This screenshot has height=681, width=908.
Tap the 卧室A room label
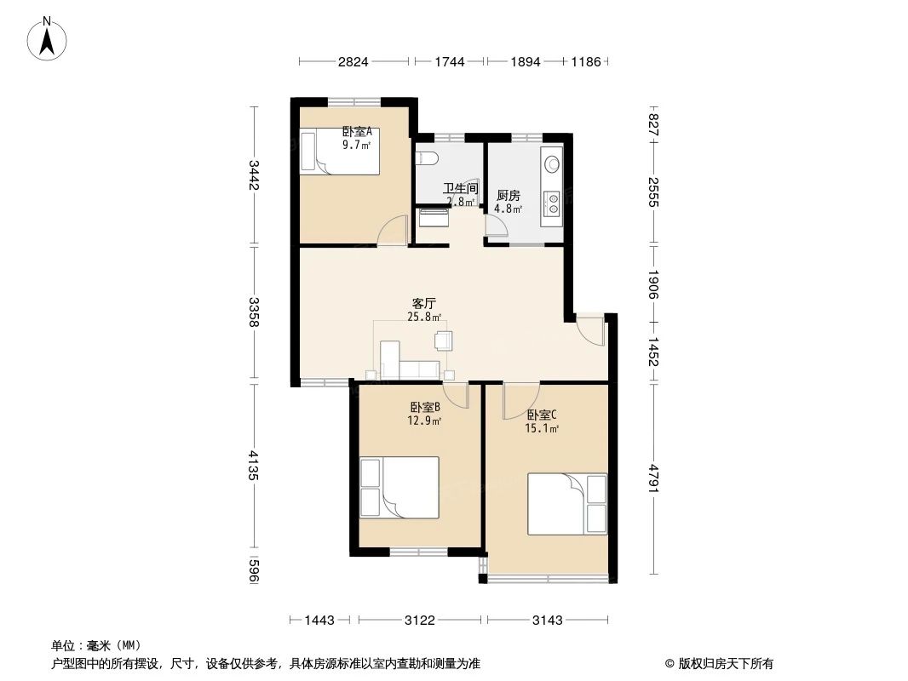[x=357, y=132]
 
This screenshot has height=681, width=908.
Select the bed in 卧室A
[x=340, y=152]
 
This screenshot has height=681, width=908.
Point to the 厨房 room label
[x=509, y=195]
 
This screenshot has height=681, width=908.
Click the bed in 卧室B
[x=400, y=486]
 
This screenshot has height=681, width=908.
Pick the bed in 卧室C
[x=567, y=503]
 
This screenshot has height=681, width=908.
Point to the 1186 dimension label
[x=586, y=62]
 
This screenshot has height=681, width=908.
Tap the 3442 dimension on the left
[x=253, y=175]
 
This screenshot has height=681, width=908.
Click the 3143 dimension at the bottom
[x=548, y=621]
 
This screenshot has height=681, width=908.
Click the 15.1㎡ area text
[x=541, y=428]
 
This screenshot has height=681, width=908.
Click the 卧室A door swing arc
[x=394, y=232]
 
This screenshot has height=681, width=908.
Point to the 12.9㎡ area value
[x=424, y=421]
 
